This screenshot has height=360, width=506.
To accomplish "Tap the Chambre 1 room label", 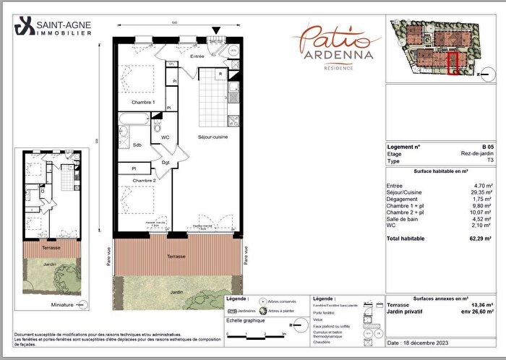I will [143, 102].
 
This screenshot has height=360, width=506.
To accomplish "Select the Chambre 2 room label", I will [143, 180].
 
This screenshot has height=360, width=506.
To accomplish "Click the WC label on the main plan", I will [165, 137].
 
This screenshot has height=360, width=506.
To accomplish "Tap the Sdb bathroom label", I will [137, 145].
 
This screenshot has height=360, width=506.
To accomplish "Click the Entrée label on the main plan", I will [197, 56].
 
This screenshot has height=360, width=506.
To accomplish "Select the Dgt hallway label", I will [166, 162].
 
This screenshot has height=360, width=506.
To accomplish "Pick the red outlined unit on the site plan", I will [453, 63].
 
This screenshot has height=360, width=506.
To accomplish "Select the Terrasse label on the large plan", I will [176, 256].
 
